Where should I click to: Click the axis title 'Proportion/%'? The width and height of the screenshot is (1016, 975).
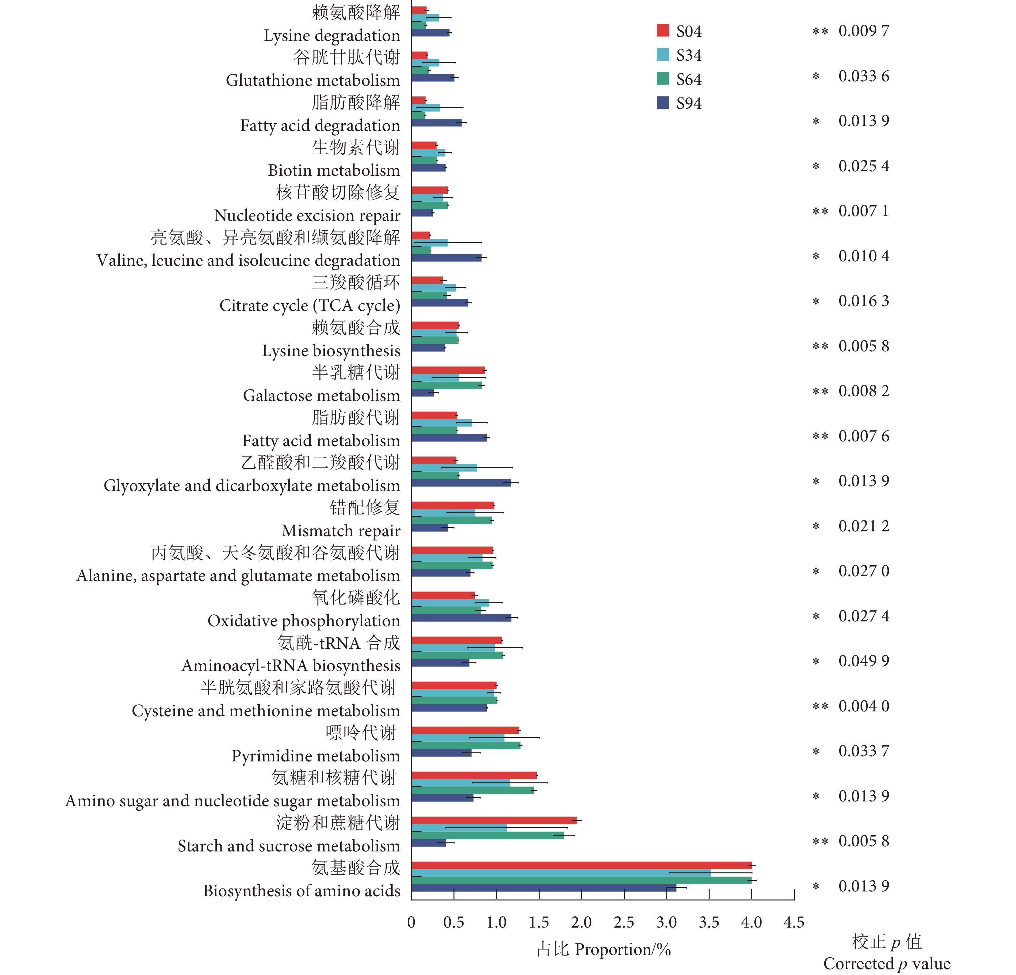point(623,950)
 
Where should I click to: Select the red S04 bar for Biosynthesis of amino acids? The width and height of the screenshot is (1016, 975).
point(581,865)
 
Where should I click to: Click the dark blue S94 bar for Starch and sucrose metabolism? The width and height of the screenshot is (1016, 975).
point(429,843)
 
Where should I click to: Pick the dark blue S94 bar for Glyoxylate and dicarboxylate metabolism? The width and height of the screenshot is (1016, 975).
point(461,483)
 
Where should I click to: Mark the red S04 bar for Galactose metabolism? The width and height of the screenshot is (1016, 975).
point(448,370)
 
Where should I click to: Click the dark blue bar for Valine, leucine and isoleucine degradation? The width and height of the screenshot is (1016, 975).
point(446,258)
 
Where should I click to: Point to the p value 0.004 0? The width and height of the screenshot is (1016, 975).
point(864,706)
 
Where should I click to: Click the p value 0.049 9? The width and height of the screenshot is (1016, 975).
point(864,661)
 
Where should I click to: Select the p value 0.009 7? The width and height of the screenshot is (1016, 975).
point(864,31)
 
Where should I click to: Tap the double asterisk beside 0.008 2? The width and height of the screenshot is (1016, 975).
point(820,392)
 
